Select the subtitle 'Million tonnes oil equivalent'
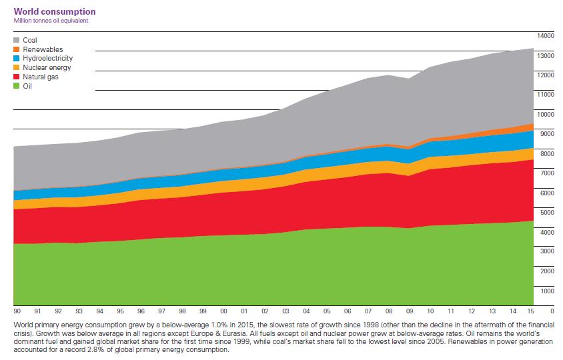tap(51, 21)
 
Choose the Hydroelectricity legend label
tap(48, 59)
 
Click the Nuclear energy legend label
tap(47, 67)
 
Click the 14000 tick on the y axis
tap(546, 35)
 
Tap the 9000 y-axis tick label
tap(547, 133)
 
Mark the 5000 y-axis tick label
tap(547, 212)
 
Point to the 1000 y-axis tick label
tap(547, 291)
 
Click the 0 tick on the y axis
tap(552, 310)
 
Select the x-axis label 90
tap(17, 311)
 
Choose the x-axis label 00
tap(223, 311)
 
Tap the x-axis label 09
tap(410, 311)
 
